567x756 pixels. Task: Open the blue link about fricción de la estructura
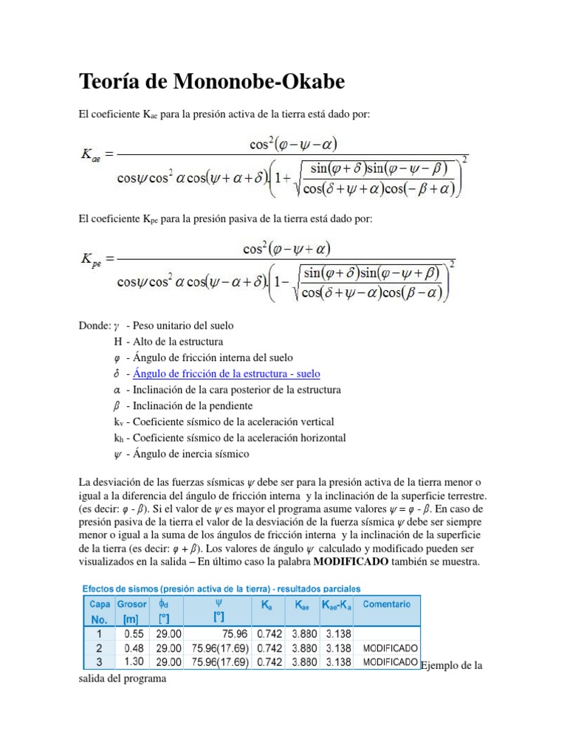coord(227,374)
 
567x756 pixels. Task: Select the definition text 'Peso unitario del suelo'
coord(184,325)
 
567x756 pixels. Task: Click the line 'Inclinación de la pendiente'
coord(193,405)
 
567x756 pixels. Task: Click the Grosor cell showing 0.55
coord(134,633)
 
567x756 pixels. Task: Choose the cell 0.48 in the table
coord(134,647)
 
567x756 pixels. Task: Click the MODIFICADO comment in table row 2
coord(391,647)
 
